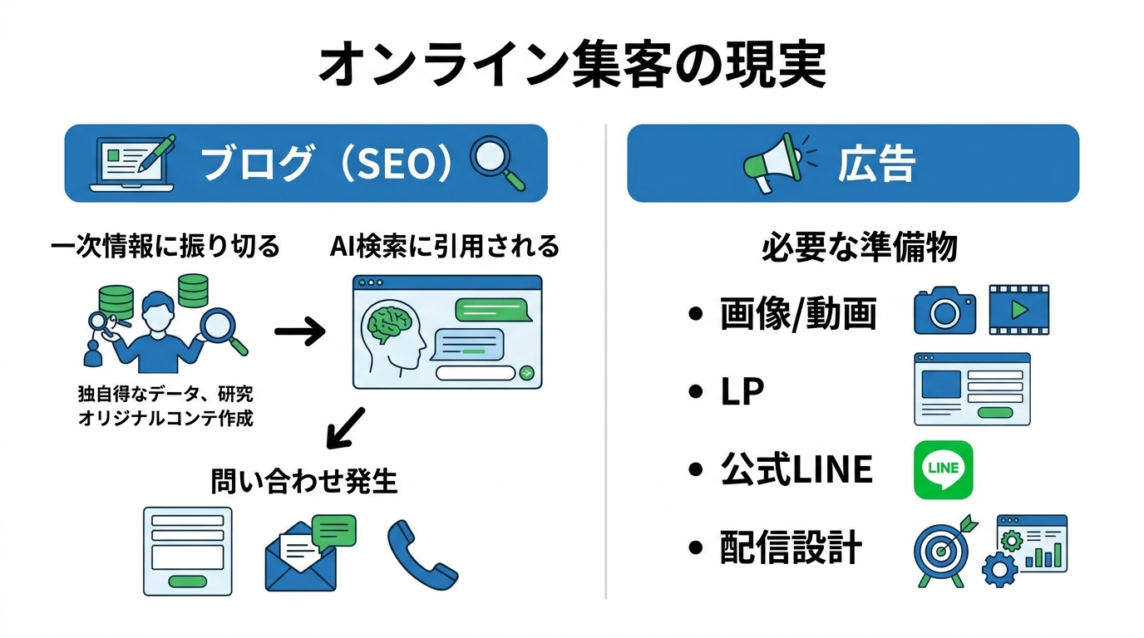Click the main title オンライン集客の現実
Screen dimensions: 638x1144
[x=572, y=66]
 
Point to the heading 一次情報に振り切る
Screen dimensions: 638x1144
[x=165, y=246]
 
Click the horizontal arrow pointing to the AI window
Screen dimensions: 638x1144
[x=299, y=334]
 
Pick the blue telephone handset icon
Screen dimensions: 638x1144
[x=421, y=553]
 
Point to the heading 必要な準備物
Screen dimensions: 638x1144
[x=859, y=248]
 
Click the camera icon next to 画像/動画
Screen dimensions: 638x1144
[x=944, y=312]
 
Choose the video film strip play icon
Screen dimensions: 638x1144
[x=1018, y=310]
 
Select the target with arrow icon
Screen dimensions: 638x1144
[x=942, y=549]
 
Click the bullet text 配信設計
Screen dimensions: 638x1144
[x=791, y=549]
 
